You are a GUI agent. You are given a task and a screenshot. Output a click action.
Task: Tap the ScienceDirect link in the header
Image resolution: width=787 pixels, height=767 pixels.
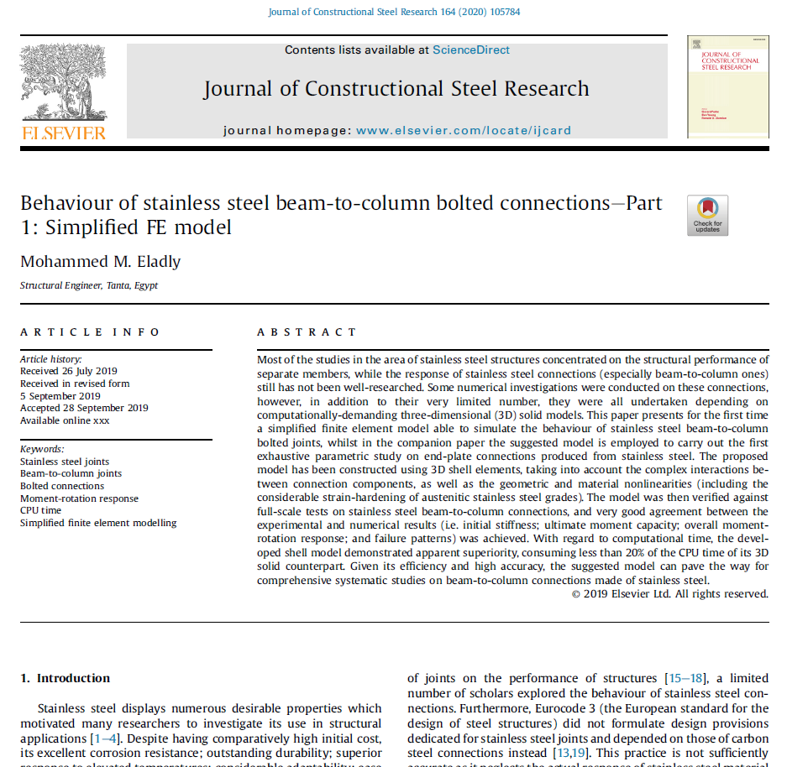click(470, 50)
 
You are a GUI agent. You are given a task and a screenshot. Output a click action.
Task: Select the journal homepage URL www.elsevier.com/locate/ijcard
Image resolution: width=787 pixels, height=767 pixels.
click(453, 130)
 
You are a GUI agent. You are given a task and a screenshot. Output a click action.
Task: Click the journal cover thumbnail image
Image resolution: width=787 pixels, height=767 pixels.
click(727, 86)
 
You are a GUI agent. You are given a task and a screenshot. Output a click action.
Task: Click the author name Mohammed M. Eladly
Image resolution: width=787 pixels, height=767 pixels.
click(100, 261)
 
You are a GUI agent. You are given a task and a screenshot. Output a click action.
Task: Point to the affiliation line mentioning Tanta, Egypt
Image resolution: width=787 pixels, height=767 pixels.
click(89, 285)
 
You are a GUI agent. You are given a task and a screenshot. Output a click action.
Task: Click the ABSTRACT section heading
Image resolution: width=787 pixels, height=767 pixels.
click(307, 332)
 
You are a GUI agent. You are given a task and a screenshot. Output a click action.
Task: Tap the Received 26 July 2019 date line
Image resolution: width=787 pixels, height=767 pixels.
click(69, 371)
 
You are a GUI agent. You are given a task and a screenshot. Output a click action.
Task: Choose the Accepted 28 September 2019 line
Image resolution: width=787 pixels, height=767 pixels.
click(84, 408)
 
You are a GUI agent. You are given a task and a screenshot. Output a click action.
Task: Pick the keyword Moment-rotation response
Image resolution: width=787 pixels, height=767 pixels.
click(80, 498)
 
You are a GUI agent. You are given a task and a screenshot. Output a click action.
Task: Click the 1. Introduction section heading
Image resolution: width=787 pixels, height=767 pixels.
click(66, 678)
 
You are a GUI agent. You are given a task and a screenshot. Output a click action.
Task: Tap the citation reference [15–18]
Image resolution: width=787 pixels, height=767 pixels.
click(686, 678)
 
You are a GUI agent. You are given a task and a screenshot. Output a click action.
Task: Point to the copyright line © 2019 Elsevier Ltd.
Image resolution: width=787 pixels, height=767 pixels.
click(669, 594)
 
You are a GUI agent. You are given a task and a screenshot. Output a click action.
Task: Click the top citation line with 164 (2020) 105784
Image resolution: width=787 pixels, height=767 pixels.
click(394, 12)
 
